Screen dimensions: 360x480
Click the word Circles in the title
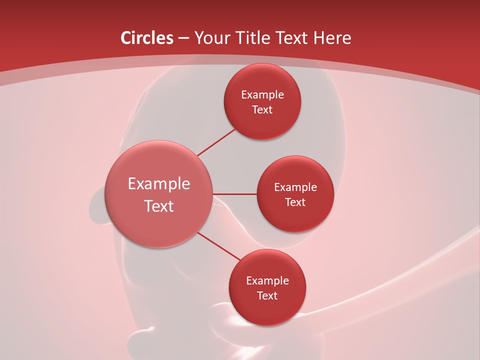[x=147, y=38]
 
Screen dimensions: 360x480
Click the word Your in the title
[x=211, y=38]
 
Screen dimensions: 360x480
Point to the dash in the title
[x=183, y=38]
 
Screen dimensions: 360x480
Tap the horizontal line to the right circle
[x=235, y=194]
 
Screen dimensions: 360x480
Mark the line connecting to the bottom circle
[x=218, y=246]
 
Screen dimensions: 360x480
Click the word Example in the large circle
[x=159, y=184]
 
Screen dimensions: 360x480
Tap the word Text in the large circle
[x=159, y=206]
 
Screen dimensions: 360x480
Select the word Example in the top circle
[x=262, y=95]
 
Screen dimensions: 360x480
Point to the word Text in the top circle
[x=262, y=110]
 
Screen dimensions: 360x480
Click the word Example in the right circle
[x=295, y=187]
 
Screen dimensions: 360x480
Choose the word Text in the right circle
[x=295, y=202]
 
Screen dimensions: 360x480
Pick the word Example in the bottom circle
[x=267, y=281]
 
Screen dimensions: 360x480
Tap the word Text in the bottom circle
[x=267, y=296]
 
